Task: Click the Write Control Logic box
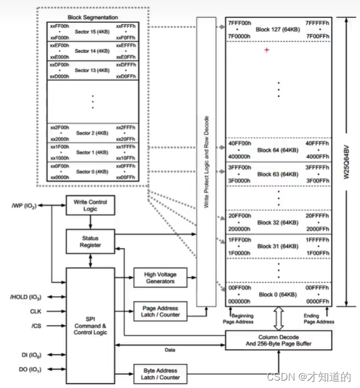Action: coord(86,205)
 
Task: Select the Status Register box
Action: coord(86,241)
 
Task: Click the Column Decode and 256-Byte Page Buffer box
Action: coord(279,341)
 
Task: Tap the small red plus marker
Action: coord(266,50)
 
